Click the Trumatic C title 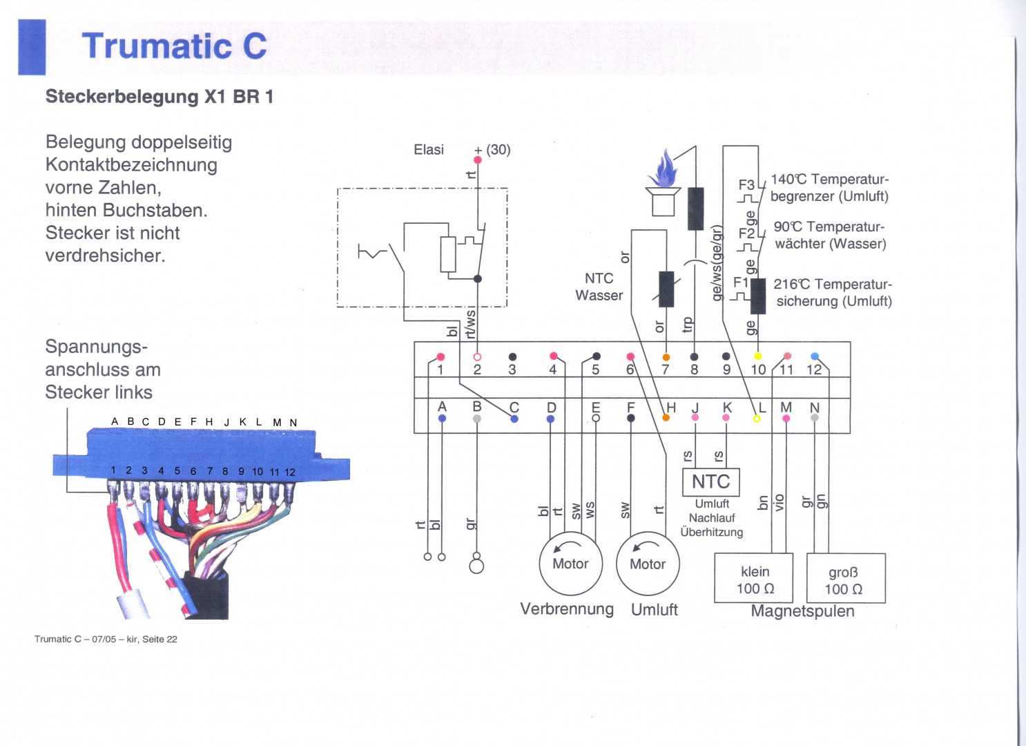point(174,46)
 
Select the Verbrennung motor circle point(570,564)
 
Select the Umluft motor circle point(648,564)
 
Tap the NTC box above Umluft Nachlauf point(710,481)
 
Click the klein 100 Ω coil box point(754,579)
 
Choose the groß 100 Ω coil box point(845,579)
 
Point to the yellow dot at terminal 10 point(757,356)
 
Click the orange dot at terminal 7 point(666,357)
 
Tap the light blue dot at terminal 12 point(815,356)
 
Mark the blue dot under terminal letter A point(442,419)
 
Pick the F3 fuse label point(746,184)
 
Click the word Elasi point(429,150)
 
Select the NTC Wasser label point(599,287)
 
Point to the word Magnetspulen point(802,611)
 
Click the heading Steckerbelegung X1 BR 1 point(159,97)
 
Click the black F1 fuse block point(758,296)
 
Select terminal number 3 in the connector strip point(512,370)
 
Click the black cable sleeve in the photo point(207,596)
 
